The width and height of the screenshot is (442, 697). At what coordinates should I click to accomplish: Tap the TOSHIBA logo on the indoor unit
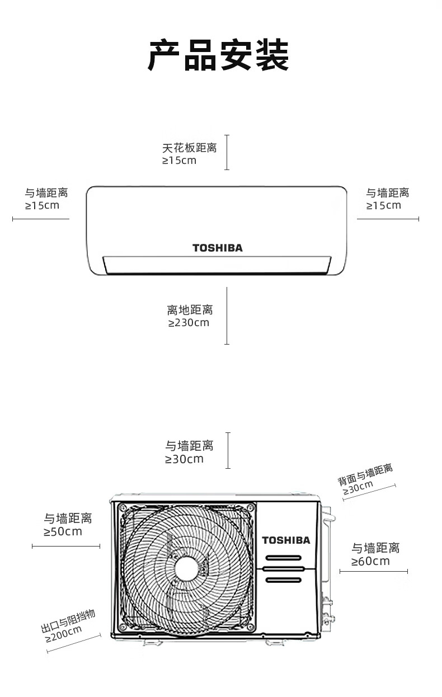[218, 248]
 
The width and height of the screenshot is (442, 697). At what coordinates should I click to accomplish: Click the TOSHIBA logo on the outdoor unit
[286, 540]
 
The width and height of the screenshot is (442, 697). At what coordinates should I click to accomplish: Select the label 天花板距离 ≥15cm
[189, 154]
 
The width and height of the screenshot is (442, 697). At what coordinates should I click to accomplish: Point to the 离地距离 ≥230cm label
[190, 316]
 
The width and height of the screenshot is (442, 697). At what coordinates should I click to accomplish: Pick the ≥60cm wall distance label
[375, 554]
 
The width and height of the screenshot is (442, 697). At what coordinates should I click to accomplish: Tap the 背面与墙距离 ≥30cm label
[364, 480]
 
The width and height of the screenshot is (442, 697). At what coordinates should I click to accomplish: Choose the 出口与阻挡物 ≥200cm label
[67, 625]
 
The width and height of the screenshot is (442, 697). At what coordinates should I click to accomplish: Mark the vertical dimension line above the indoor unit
[227, 152]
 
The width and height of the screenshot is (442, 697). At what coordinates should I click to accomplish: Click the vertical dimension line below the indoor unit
[227, 315]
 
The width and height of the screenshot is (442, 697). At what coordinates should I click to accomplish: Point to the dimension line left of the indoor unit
[41, 219]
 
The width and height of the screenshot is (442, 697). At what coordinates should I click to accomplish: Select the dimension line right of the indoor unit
[388, 219]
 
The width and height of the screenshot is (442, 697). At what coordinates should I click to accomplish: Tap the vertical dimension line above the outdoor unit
[228, 450]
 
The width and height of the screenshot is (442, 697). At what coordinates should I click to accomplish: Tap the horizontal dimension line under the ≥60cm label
[373, 571]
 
